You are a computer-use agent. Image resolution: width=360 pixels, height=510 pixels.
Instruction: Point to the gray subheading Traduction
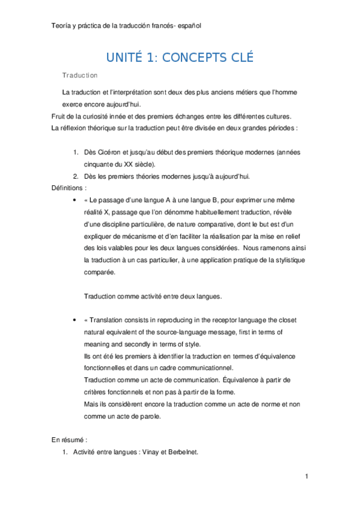coord(80,76)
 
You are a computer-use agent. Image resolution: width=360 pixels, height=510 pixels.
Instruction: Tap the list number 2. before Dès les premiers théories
coord(76,176)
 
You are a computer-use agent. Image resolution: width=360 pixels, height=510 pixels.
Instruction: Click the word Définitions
coord(67,188)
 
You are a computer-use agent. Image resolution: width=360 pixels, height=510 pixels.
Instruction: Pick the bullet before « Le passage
coord(74,200)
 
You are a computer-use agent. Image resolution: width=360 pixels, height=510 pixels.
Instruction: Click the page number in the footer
coord(307,477)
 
